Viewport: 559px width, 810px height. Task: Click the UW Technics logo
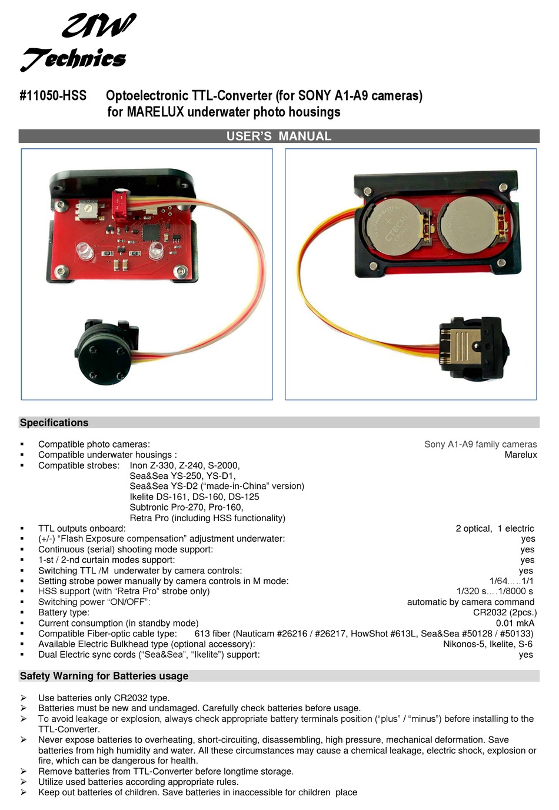coord(76,42)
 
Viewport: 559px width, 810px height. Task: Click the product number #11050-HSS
coord(53,95)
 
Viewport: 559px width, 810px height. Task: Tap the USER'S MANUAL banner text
coord(279,136)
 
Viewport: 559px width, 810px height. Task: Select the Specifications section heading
coord(54,422)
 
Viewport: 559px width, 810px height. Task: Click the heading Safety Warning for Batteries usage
coord(104,676)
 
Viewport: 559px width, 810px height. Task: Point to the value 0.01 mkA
coord(515,623)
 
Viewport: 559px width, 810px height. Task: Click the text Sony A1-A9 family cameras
coord(480,444)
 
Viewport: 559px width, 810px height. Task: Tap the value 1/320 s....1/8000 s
coord(494,591)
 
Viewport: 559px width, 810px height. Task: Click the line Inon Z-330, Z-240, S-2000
coord(185,465)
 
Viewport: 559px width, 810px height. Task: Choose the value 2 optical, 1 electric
coord(494,528)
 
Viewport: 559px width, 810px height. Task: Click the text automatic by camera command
coord(470,602)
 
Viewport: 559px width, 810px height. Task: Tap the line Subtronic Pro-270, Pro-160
coord(187,507)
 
